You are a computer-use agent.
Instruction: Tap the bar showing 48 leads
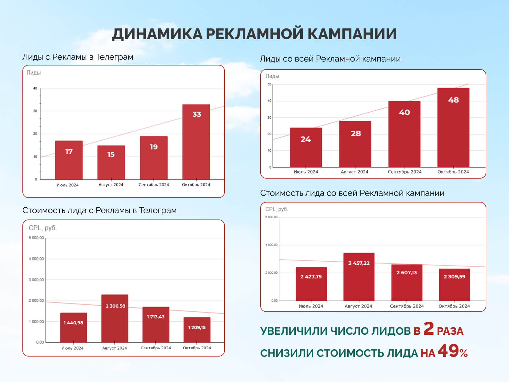(x=453, y=127)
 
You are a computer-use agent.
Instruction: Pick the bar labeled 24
(x=306, y=147)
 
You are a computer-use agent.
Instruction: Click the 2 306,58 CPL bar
(x=115, y=318)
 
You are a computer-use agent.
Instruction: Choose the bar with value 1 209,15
(x=197, y=330)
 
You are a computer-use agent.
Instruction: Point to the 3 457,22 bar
(x=359, y=276)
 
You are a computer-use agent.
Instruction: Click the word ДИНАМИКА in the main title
(x=157, y=34)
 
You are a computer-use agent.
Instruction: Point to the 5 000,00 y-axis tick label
(x=36, y=238)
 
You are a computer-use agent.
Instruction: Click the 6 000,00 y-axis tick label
(x=271, y=217)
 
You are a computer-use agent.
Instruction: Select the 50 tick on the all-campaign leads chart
(x=269, y=84)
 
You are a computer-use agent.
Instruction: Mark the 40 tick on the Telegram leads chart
(x=35, y=89)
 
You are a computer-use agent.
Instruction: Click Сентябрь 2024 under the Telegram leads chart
(x=154, y=185)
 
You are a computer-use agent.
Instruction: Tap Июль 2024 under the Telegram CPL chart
(x=72, y=348)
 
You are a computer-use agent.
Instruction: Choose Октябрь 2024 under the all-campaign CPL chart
(x=454, y=306)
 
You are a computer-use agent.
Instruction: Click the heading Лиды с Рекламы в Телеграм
(x=78, y=57)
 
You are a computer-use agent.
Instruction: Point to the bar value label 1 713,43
(x=156, y=317)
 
